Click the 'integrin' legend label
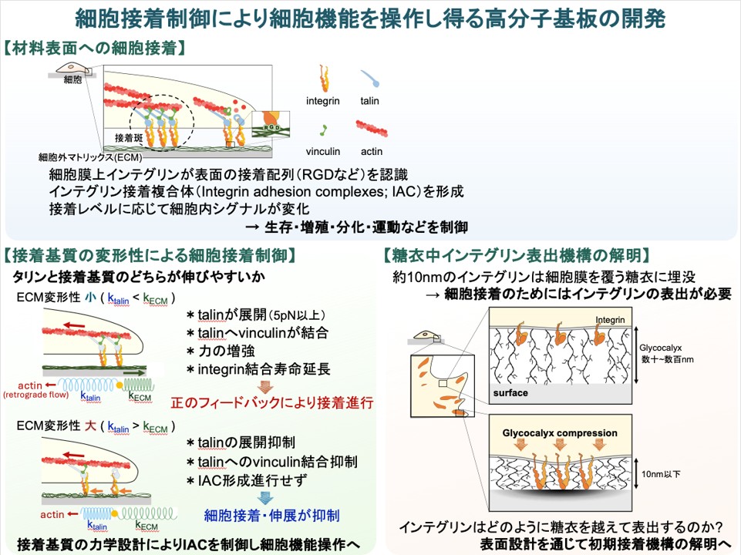tap(323, 101)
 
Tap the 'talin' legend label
tap(369, 101)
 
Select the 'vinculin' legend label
tap(323, 152)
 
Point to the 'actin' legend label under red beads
tap(372, 152)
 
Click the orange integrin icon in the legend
tap(324, 78)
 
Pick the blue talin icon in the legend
tap(369, 78)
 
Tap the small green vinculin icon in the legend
tap(323, 130)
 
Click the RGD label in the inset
tap(271, 127)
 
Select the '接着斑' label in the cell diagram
tap(129, 138)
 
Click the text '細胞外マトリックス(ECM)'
tap(90, 157)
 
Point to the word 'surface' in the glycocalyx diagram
tap(510, 393)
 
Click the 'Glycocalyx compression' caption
tap(560, 433)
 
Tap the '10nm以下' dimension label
tap(661, 474)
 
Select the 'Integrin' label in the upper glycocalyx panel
tap(610, 320)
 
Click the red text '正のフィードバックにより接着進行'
tap(271, 403)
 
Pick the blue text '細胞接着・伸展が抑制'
tap(271, 516)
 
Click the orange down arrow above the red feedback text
tap(267, 386)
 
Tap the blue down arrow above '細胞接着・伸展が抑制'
tap(267, 498)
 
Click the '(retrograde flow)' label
tap(35, 395)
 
